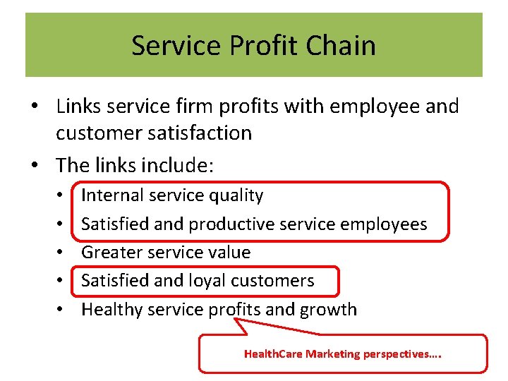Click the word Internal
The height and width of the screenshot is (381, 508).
pos(112,195)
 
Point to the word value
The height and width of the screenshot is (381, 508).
pos(230,253)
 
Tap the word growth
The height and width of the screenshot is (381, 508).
pos(328,310)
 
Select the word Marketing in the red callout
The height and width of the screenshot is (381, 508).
pos(333,354)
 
